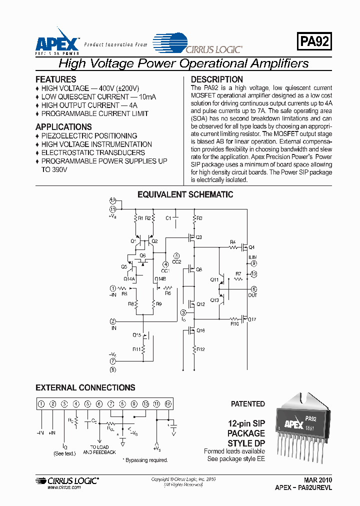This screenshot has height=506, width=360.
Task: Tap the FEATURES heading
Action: (56, 79)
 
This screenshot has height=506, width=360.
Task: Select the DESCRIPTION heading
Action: (217, 79)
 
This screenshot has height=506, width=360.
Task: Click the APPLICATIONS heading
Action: (63, 127)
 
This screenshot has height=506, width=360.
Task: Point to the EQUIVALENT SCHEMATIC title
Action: (185, 194)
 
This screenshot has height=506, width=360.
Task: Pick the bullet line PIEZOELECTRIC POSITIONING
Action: (89, 136)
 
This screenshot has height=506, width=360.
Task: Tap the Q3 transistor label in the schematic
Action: (198, 237)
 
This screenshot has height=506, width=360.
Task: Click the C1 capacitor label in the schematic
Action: (168, 218)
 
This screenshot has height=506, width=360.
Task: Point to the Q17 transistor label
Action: (252, 319)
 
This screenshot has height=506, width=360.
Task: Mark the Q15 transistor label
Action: (136, 334)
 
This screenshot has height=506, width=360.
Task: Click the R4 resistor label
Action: (232, 242)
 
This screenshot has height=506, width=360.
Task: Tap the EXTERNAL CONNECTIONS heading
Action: (85, 387)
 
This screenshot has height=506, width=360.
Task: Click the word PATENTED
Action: (247, 404)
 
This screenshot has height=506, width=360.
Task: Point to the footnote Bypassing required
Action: (146, 460)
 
